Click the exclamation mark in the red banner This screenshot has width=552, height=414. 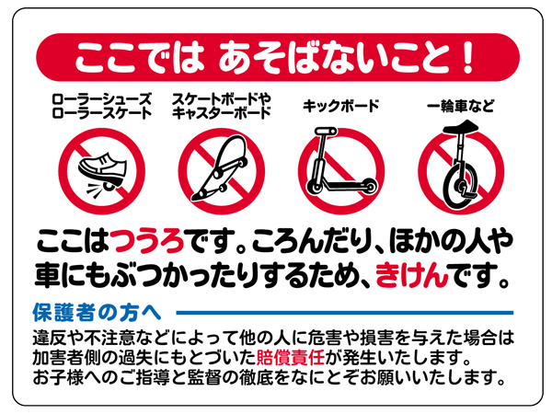468,57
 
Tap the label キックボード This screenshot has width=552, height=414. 340,106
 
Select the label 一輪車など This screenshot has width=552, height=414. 461,106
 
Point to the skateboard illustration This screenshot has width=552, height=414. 221,168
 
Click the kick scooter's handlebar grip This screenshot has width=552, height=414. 326,132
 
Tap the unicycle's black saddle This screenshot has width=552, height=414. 461,127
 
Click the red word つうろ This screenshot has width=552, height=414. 147,241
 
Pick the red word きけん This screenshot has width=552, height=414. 412,275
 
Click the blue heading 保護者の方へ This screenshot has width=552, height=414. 97,312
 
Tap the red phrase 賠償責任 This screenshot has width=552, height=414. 291,357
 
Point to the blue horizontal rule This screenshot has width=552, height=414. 345,313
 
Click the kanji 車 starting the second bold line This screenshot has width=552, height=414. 47,275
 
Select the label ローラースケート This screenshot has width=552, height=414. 102,113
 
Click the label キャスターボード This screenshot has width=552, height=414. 222,113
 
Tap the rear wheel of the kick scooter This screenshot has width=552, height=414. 369,186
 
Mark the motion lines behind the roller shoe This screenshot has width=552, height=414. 95,190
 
